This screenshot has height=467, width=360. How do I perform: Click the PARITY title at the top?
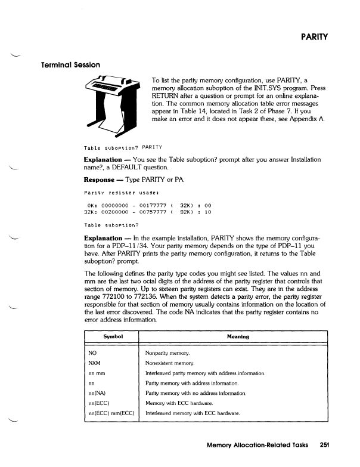[316, 38]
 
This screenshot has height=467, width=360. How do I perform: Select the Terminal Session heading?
[70, 64]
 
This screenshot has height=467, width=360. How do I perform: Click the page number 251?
[324, 444]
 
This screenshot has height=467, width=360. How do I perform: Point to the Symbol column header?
[113, 336]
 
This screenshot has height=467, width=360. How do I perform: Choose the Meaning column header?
[237, 336]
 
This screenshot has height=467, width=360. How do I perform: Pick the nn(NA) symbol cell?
[98, 393]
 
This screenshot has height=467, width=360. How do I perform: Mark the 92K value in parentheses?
[186, 211]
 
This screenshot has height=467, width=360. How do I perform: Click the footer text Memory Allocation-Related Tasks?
[257, 444]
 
